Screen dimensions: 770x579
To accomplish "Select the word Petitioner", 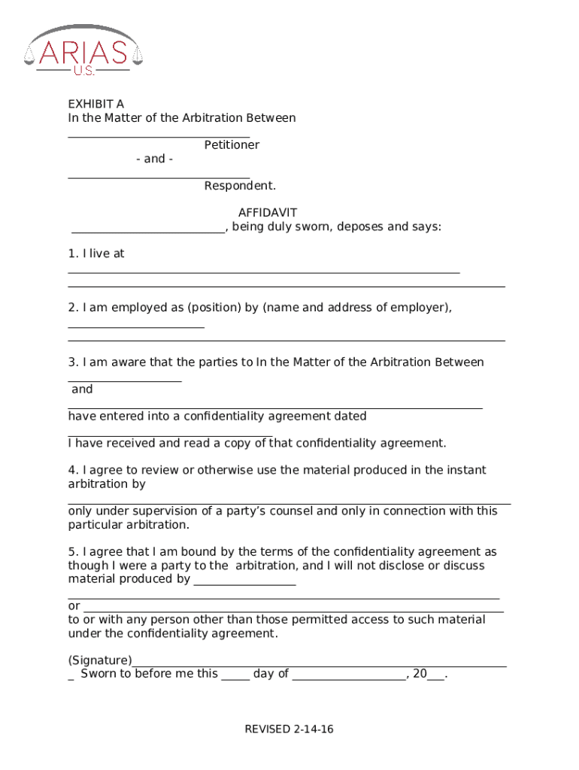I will (232, 144).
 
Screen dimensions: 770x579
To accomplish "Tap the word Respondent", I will (239, 185).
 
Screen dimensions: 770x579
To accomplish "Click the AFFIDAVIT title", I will (267, 213).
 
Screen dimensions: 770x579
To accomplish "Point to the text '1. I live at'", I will (96, 253).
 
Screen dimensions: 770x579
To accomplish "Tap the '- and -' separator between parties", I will (155, 159).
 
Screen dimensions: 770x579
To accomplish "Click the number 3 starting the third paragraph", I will (71, 362).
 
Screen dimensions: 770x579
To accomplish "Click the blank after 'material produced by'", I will (244, 584).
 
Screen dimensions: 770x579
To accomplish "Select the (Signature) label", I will (100, 659).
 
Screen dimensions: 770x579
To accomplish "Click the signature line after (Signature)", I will (319, 665).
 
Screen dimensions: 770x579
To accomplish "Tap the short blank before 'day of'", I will (235, 678).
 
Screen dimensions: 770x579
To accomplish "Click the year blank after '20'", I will (435, 678).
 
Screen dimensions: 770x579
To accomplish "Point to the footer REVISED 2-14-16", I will (289, 729).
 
